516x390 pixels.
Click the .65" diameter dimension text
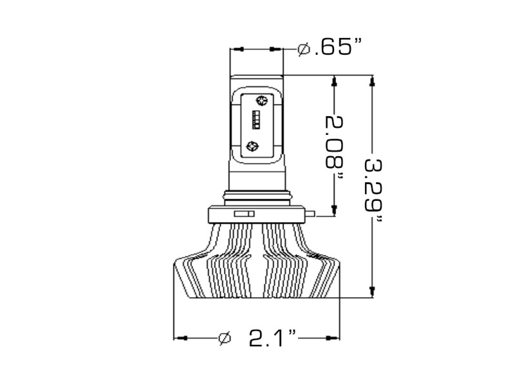(x=337, y=48)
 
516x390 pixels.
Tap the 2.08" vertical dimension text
(x=333, y=148)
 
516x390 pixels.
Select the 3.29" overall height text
(x=372, y=187)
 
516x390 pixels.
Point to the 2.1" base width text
(x=273, y=337)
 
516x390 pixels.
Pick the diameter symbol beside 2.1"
(x=224, y=338)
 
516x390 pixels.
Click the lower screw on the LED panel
(x=252, y=147)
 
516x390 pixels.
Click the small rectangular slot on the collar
(x=243, y=212)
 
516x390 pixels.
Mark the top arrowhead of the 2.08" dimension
(x=333, y=81)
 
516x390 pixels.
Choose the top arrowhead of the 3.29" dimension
(x=372, y=81)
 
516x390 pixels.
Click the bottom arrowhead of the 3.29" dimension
(x=372, y=292)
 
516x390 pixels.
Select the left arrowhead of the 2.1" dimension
(x=181, y=337)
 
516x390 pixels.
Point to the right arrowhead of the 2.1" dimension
(x=334, y=337)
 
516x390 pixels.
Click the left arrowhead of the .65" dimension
(x=236, y=49)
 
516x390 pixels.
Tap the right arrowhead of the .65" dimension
(x=277, y=49)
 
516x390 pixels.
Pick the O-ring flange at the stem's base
(x=257, y=195)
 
